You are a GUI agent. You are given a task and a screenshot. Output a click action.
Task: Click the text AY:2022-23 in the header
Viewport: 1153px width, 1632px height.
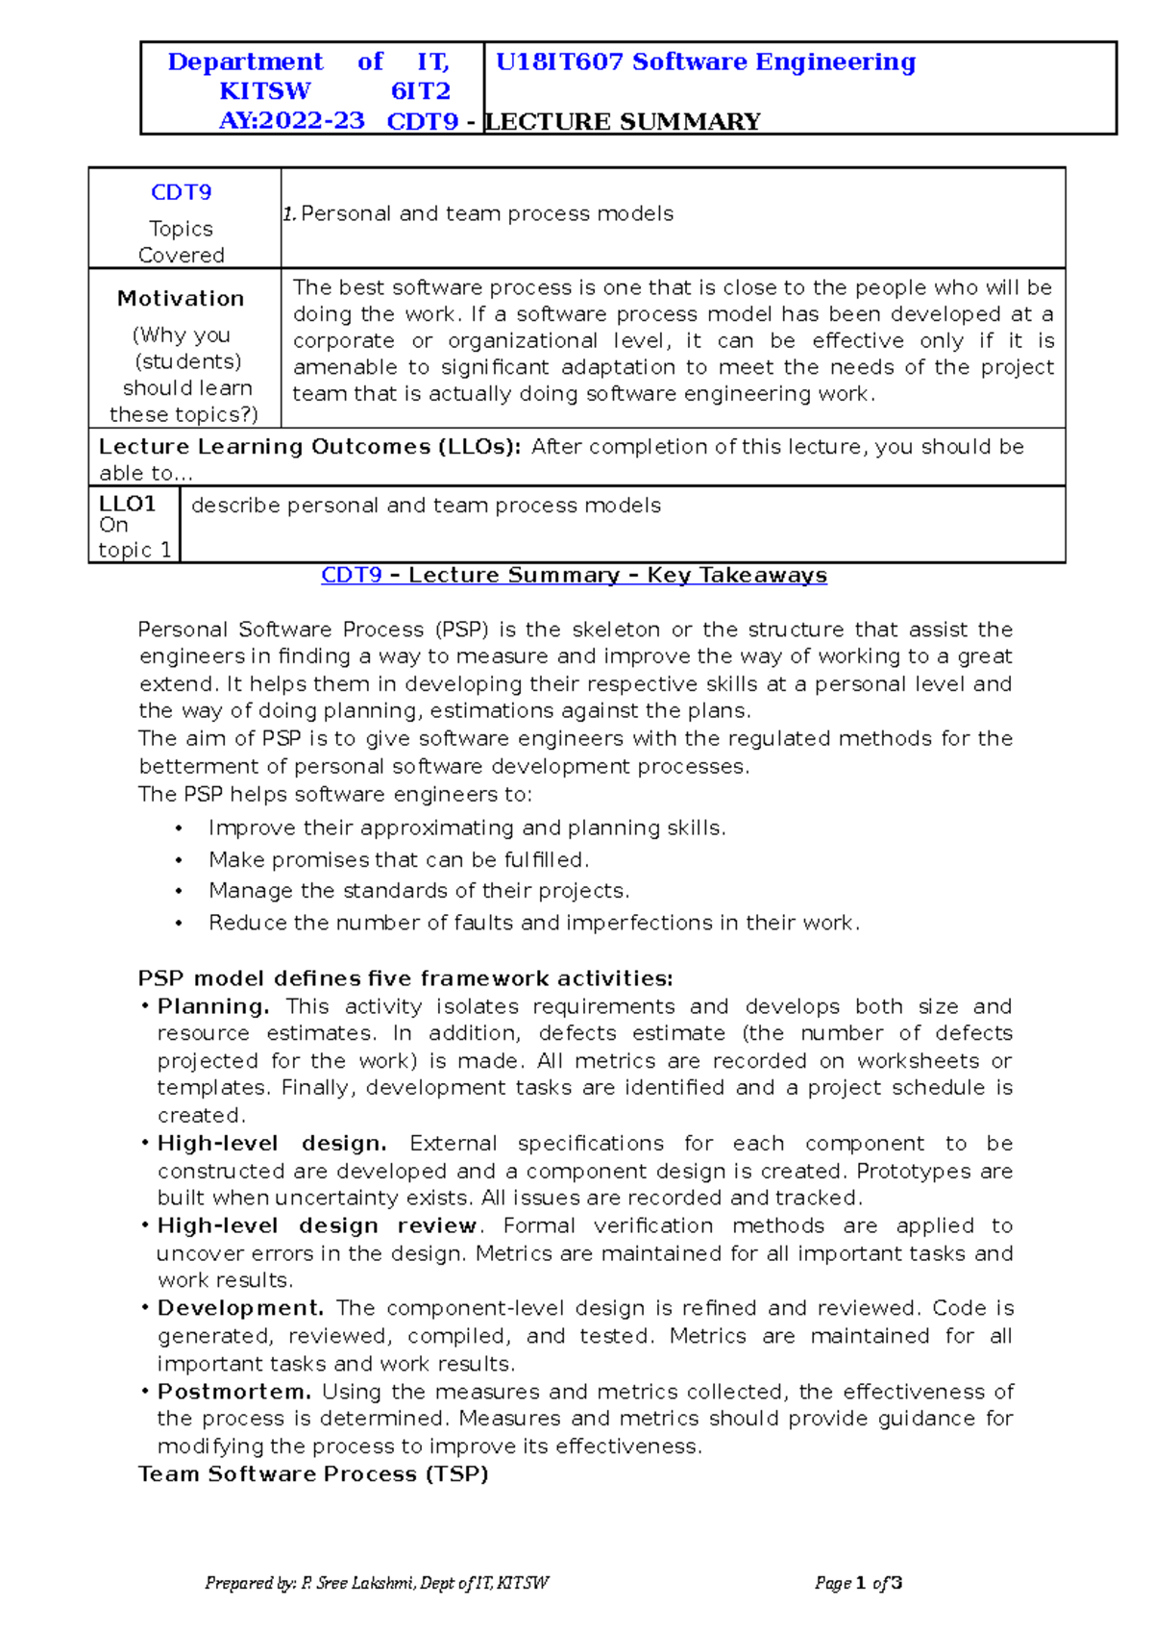(x=291, y=121)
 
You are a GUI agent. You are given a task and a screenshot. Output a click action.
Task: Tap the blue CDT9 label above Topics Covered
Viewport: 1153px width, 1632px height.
(x=181, y=192)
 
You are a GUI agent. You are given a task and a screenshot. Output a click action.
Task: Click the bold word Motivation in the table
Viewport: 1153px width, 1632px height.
(x=181, y=299)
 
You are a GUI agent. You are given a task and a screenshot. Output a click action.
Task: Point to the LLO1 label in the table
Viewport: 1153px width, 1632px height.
(x=127, y=504)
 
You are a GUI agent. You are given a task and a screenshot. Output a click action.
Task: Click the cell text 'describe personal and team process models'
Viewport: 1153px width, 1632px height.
(x=426, y=506)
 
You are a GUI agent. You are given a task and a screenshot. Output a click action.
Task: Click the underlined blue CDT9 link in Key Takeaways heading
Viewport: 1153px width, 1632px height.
(x=351, y=576)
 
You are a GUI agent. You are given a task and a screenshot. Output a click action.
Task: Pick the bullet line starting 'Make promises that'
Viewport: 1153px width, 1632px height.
(x=398, y=859)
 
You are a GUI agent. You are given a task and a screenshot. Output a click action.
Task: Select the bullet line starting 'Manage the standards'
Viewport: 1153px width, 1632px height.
(x=418, y=891)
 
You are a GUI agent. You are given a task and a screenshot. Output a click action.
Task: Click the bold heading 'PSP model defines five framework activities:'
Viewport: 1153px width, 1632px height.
(x=405, y=978)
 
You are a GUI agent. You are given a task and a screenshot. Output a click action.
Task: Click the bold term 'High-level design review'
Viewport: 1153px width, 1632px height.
(x=316, y=1226)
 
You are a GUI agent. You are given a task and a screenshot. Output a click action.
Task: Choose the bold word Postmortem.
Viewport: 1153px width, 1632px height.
(x=233, y=1392)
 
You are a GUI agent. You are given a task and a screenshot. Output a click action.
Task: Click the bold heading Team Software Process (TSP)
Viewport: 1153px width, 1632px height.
(x=313, y=1474)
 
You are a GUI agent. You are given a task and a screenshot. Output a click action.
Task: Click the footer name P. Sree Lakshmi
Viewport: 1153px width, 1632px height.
(x=357, y=1583)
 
